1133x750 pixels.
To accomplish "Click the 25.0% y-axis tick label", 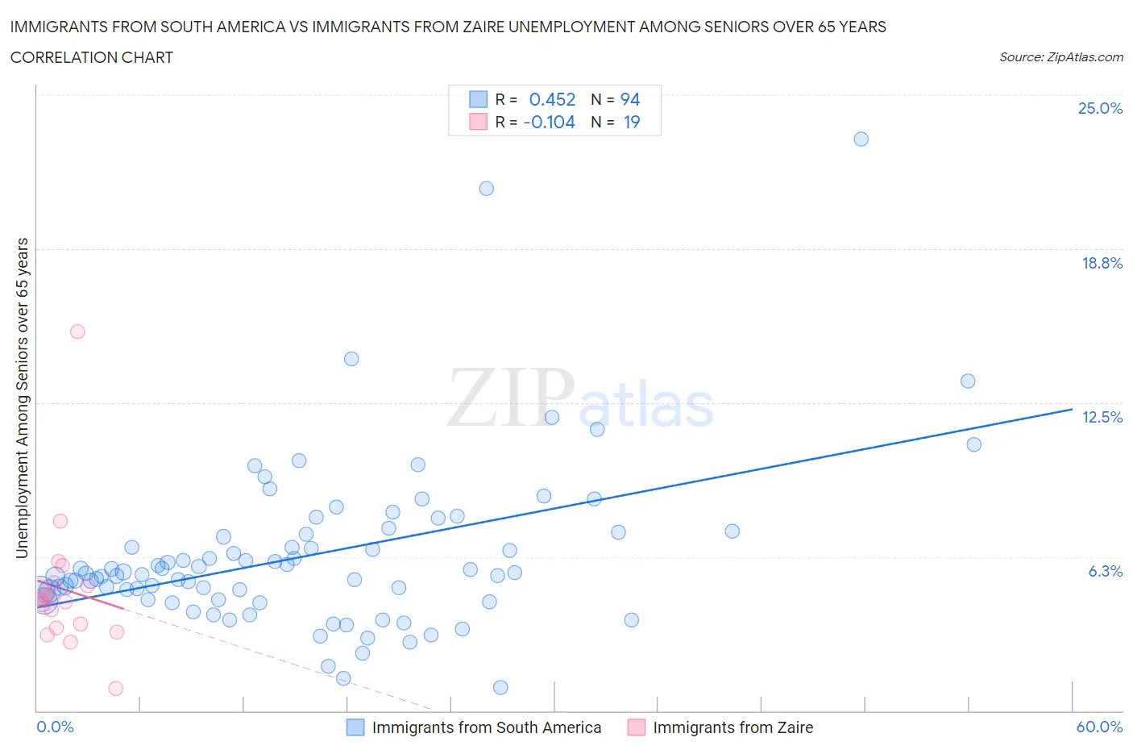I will tap(1100, 108).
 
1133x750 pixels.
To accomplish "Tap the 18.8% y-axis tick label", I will tap(1102, 263).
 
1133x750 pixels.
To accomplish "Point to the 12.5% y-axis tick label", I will tap(1102, 417).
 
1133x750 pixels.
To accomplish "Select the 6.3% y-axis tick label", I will tap(1105, 571).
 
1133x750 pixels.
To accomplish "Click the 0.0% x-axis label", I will tap(55, 727).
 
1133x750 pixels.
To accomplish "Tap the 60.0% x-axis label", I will tap(1099, 727).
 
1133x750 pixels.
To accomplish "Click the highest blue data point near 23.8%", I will tap(861, 139).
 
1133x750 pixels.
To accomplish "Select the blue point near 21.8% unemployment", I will tap(486, 189).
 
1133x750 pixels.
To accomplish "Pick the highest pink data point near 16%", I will tap(77, 331).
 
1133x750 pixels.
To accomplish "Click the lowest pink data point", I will tap(115, 688).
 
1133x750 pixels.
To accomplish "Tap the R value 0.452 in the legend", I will tap(552, 99).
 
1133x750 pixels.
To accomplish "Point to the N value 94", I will tap(629, 99).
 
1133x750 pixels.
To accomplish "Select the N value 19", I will tap(631, 122).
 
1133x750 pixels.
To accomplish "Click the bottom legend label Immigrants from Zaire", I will tap(733, 727).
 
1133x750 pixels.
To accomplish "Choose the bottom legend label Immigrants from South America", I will tap(486, 727).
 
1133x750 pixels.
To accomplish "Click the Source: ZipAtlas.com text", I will tap(1060, 56).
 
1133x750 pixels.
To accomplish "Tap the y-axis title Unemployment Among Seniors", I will tap(23, 398).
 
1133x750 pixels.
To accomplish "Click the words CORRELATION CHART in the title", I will tap(92, 57).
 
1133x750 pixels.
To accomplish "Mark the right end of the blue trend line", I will tap(1072, 410).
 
